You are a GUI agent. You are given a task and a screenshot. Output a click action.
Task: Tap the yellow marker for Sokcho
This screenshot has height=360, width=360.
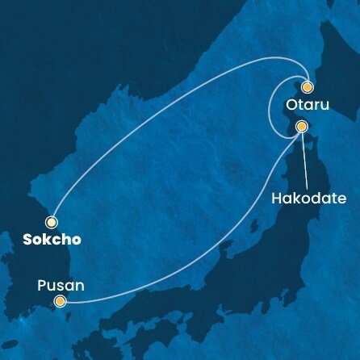[x=52, y=221]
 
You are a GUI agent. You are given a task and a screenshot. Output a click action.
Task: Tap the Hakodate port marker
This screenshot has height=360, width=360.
[x=301, y=127]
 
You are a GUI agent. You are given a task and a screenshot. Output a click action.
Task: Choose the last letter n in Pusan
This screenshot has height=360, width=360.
[x=79, y=286]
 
